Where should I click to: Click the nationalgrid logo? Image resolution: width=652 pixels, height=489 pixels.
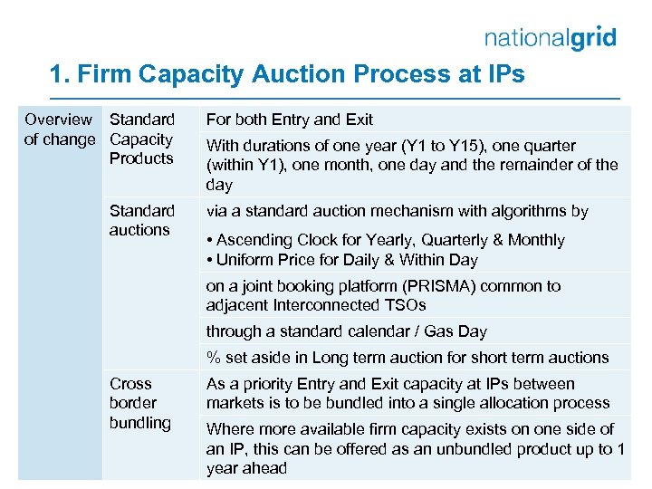pos(550,37)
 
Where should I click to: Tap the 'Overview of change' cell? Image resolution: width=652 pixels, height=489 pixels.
pos(59,129)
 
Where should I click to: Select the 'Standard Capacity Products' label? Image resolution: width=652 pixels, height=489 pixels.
pos(141,139)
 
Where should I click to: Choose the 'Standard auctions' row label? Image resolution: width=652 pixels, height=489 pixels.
pos(141,220)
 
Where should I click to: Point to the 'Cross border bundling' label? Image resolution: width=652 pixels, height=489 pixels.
pos(139,403)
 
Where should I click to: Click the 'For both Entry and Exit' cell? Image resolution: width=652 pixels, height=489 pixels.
pos(289,120)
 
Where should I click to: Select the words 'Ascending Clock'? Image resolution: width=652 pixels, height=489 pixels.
pos(273,240)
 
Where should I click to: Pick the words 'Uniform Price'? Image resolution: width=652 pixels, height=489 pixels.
pos(259,260)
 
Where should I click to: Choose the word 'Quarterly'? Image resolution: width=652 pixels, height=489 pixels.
pos(454,240)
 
